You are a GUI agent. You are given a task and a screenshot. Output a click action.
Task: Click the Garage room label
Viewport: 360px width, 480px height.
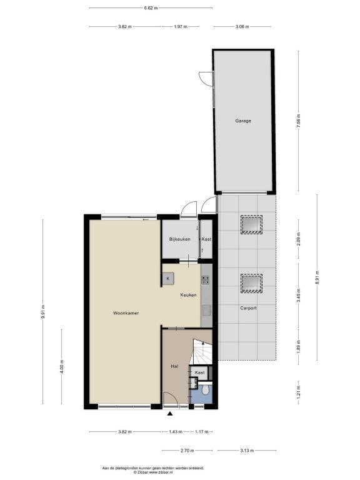coord(243,121)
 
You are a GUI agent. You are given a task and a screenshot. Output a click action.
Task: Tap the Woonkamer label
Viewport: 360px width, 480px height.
coord(126,313)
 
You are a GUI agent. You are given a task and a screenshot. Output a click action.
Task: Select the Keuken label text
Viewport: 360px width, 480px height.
coord(188,295)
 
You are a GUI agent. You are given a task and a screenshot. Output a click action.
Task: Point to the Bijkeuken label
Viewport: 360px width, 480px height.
coord(180,239)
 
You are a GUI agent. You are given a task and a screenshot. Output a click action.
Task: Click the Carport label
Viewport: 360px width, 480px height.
coord(248,308)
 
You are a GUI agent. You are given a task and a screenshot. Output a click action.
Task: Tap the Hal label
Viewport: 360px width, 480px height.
coord(174,366)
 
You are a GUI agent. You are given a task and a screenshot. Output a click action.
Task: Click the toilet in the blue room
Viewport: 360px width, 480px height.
coord(206,390)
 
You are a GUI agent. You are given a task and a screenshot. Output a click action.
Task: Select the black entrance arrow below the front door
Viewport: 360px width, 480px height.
coord(170,414)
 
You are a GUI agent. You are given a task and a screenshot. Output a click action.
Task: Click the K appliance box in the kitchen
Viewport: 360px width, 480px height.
coord(168,279)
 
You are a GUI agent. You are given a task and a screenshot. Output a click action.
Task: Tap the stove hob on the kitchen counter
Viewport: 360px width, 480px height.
coord(206,280)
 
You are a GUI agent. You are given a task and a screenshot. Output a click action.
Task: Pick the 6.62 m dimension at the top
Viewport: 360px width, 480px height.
coord(151,8)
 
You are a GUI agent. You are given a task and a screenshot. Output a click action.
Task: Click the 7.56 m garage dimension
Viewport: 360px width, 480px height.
coord(299,121)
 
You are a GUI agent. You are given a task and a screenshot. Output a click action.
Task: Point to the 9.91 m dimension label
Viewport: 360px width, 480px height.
coord(43,312)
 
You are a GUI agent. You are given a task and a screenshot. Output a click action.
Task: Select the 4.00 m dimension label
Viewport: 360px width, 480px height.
coord(61,366)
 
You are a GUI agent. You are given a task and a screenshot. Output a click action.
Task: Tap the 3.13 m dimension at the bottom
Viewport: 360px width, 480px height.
coord(247,451)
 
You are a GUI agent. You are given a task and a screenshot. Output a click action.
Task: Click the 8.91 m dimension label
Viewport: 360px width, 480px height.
coord(317,277)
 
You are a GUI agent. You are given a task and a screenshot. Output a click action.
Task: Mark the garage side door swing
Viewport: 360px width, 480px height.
coord(205,78)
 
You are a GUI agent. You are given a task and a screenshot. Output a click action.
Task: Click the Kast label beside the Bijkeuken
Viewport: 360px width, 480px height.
coord(206,239)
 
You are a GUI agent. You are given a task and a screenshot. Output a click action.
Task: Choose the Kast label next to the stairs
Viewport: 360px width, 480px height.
coord(199,372)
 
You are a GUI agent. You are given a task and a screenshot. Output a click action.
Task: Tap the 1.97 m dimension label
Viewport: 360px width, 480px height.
coord(180,27)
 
